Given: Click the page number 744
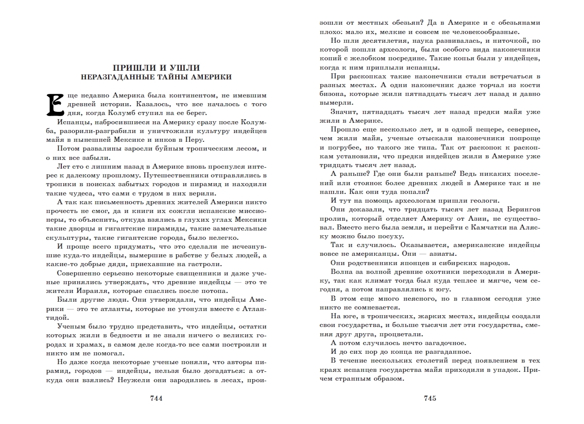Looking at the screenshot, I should pyautogui.click(x=155, y=398).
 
